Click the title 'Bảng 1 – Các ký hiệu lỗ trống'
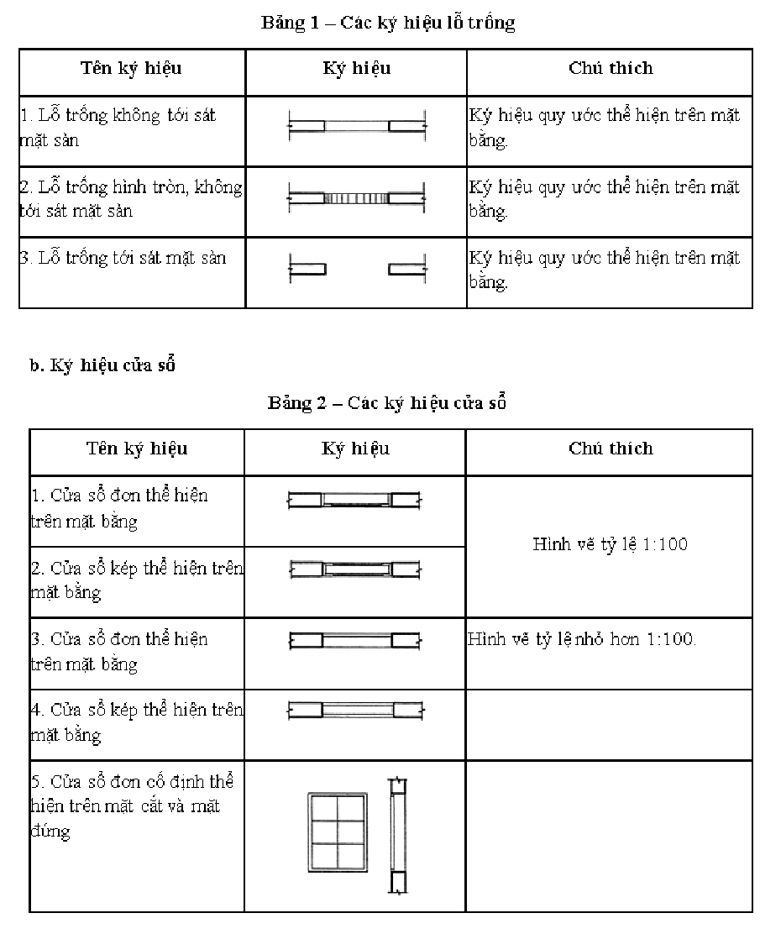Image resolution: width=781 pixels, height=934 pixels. coord(388,23)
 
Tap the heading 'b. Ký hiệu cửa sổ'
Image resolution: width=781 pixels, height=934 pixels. coord(102,365)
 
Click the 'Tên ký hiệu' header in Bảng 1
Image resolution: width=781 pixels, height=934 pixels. coord(131,68)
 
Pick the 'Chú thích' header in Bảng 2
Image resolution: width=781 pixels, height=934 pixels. coord(610,449)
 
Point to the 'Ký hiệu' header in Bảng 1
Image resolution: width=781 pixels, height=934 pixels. coord(356,68)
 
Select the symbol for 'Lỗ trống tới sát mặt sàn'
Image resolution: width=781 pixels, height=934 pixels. coord(357,269)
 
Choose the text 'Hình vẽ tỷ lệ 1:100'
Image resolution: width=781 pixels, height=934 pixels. coord(610,544)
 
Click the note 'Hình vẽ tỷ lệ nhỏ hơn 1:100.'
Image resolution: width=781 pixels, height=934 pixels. coord(582,639)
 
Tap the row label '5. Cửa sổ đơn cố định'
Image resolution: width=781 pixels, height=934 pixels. coord(133,806)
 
